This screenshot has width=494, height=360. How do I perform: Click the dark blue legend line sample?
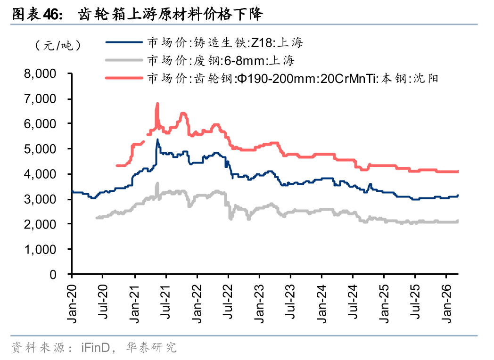(x=124, y=43)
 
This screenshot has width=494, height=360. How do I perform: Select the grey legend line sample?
(x=124, y=60)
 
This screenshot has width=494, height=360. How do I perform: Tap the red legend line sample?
(x=124, y=78)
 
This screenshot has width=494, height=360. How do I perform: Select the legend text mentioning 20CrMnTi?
(x=293, y=78)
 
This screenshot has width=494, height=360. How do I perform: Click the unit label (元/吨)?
(x=58, y=46)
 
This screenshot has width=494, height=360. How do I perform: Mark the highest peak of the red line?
(x=157, y=104)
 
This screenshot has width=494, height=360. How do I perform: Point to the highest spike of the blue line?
(x=157, y=139)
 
